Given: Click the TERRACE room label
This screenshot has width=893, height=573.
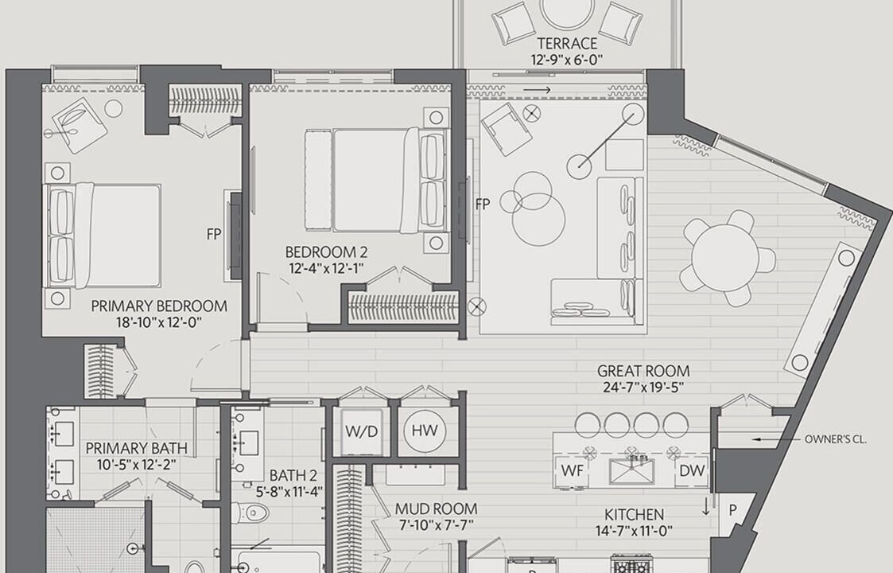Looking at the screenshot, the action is tap(567, 43).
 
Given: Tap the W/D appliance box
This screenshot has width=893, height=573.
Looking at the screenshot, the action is tap(362, 431).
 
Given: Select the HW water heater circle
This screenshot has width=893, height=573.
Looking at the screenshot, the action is tap(425, 431).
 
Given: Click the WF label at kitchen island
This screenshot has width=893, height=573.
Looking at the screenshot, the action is tap(573, 471).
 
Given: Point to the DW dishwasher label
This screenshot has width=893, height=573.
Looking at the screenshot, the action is tap(692, 471).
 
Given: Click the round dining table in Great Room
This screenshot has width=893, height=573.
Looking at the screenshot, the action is tap(725, 258).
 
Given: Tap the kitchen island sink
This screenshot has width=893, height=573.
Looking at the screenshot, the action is tap(631, 471).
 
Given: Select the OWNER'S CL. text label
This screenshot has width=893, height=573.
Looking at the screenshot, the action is tap(836, 439).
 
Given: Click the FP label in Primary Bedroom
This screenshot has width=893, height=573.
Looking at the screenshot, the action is tap(214, 234).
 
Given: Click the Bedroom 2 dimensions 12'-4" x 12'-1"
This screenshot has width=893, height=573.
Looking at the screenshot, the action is tap(326, 268).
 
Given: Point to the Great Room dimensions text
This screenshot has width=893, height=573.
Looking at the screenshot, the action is tap(643, 388).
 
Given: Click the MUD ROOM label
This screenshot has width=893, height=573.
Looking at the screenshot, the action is tap(437, 509).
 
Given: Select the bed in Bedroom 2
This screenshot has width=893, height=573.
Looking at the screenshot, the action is tap(376, 180).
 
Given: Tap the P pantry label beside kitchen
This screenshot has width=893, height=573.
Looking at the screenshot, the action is tap(732, 511).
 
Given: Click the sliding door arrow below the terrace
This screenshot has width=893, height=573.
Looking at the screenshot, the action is tap(537, 90).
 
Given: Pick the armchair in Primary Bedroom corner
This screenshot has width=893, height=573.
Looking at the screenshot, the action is tap(80, 126).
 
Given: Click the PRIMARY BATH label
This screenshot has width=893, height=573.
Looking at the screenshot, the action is tap(137, 448).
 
